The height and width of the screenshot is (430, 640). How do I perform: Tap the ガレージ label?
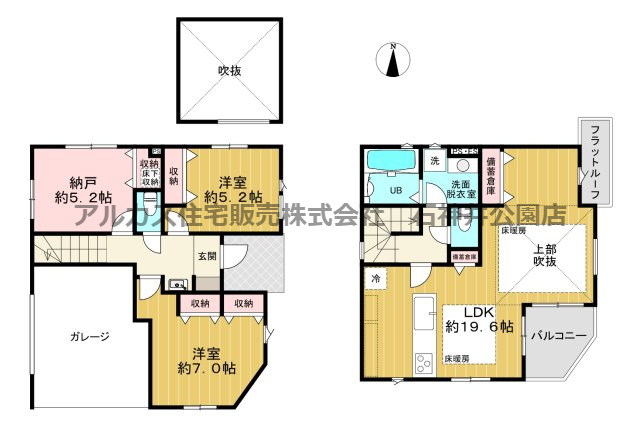point(90,336)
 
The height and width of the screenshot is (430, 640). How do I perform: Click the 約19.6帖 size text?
point(481,326)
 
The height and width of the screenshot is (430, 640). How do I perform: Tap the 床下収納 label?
point(150,176)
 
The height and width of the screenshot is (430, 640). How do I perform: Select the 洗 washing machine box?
point(434,160)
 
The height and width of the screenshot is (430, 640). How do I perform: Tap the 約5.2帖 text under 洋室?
point(234,197)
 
